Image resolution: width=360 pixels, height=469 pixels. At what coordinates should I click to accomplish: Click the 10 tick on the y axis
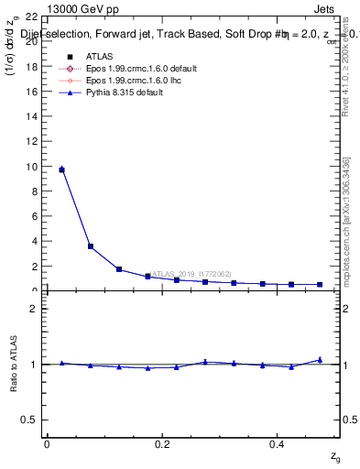tap(31, 167)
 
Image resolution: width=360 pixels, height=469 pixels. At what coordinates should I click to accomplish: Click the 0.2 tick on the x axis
tap(162, 443)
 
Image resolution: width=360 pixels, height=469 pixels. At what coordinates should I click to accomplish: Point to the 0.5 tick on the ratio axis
tap(29, 420)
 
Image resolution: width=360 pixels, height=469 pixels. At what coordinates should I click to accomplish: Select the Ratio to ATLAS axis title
tap(13, 362)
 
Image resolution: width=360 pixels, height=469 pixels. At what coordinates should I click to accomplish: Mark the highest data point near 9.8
tap(61, 169)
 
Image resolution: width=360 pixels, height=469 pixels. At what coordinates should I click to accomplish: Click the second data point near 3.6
tap(90, 245)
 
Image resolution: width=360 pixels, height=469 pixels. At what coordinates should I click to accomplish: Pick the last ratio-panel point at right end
tap(320, 360)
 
